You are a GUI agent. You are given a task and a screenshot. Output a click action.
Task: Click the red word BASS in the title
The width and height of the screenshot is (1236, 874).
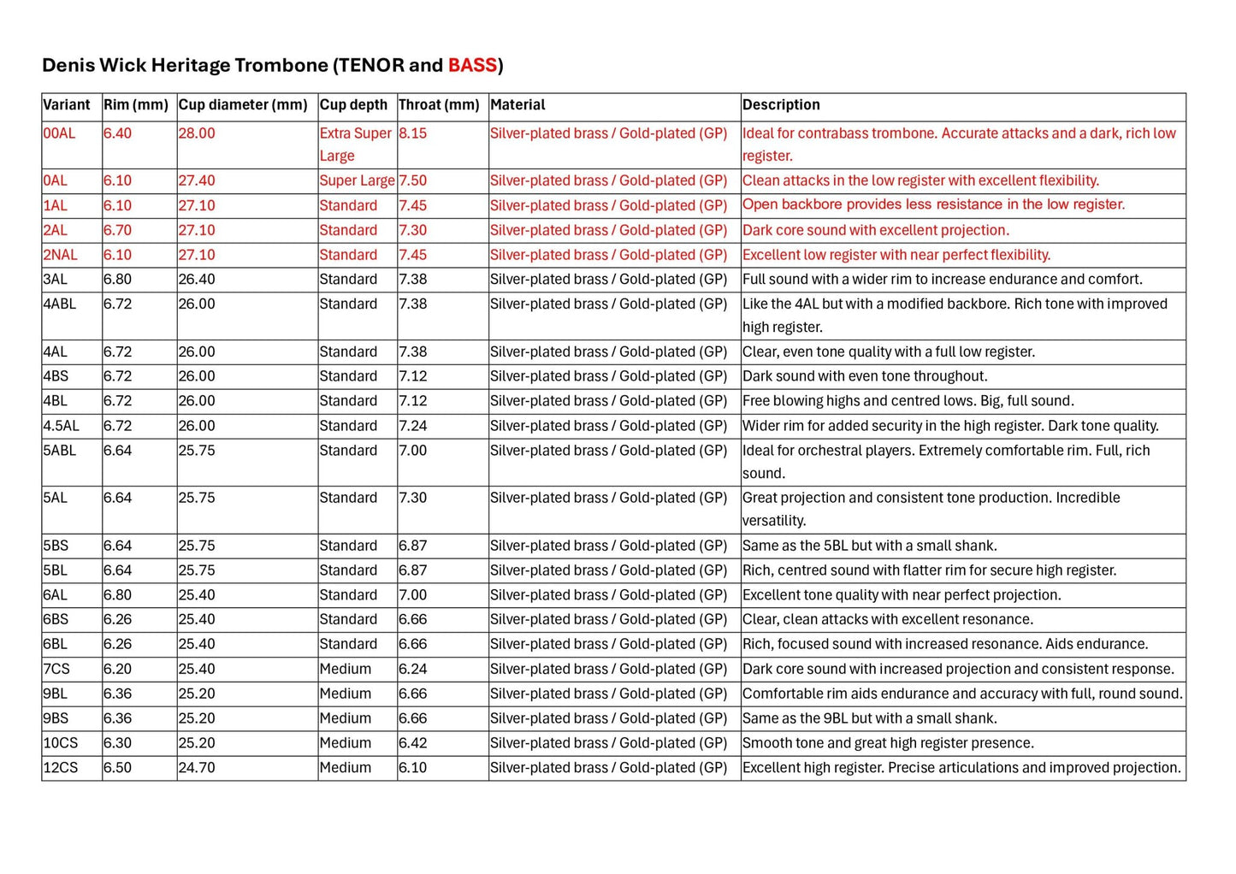pyautogui.click(x=472, y=65)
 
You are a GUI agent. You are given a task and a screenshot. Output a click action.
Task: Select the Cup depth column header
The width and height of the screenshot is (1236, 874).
pyautogui.click(x=353, y=105)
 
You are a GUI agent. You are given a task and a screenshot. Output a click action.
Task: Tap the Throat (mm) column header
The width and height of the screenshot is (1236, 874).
pyautogui.click(x=439, y=105)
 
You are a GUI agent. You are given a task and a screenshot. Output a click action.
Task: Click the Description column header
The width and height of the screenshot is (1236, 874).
pyautogui.click(x=781, y=105)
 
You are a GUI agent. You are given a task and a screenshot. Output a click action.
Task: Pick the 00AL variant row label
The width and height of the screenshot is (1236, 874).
pyautogui.click(x=60, y=133)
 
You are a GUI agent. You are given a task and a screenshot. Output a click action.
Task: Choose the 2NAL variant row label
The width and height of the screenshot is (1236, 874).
pyautogui.click(x=61, y=255)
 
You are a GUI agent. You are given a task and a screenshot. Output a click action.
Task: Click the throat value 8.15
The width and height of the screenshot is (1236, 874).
pyautogui.click(x=412, y=133)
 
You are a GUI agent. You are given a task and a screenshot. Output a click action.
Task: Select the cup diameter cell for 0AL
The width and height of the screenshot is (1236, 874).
pyautogui.click(x=197, y=180)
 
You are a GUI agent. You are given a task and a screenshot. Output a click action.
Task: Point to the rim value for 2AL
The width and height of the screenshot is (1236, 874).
pyautogui.click(x=117, y=230)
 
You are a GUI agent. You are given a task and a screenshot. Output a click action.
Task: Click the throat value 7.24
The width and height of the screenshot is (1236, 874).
pyautogui.click(x=412, y=426)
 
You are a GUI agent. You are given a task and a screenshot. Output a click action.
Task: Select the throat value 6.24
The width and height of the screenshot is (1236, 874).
pyautogui.click(x=412, y=669)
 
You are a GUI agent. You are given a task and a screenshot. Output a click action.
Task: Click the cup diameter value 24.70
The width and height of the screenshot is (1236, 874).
pyautogui.click(x=197, y=768)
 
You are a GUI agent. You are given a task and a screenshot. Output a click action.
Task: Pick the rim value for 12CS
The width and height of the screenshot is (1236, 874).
pyautogui.click(x=117, y=768)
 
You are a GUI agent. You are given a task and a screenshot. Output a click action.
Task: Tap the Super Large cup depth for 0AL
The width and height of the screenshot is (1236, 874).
pyautogui.click(x=357, y=180)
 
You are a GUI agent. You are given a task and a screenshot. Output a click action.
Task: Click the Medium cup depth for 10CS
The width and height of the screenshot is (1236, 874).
pyautogui.click(x=346, y=743)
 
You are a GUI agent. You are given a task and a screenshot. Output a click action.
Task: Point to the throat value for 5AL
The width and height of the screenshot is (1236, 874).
pyautogui.click(x=412, y=498)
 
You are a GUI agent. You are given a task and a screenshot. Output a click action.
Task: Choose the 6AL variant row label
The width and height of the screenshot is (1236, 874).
pyautogui.click(x=56, y=595)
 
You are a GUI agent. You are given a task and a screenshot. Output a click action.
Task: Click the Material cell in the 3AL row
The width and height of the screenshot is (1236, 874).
pyautogui.click(x=608, y=280)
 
